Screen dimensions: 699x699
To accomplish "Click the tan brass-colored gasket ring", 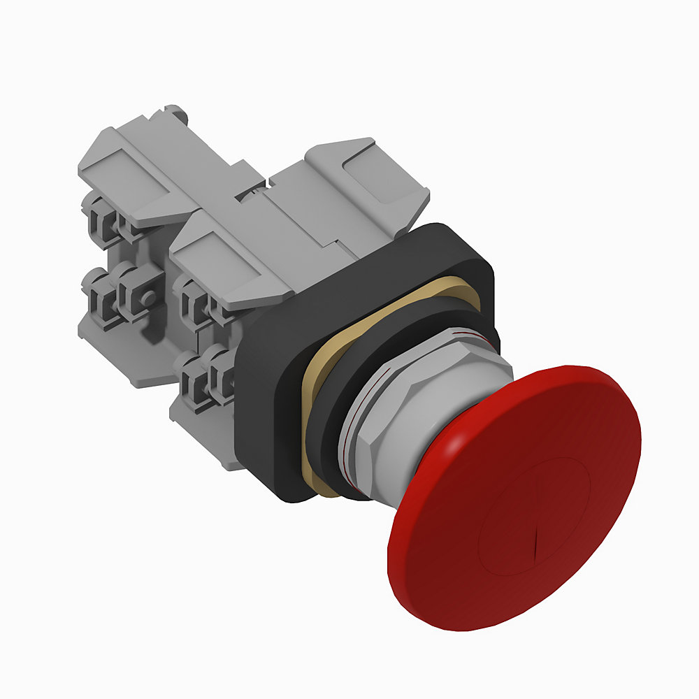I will (x=315, y=391).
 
